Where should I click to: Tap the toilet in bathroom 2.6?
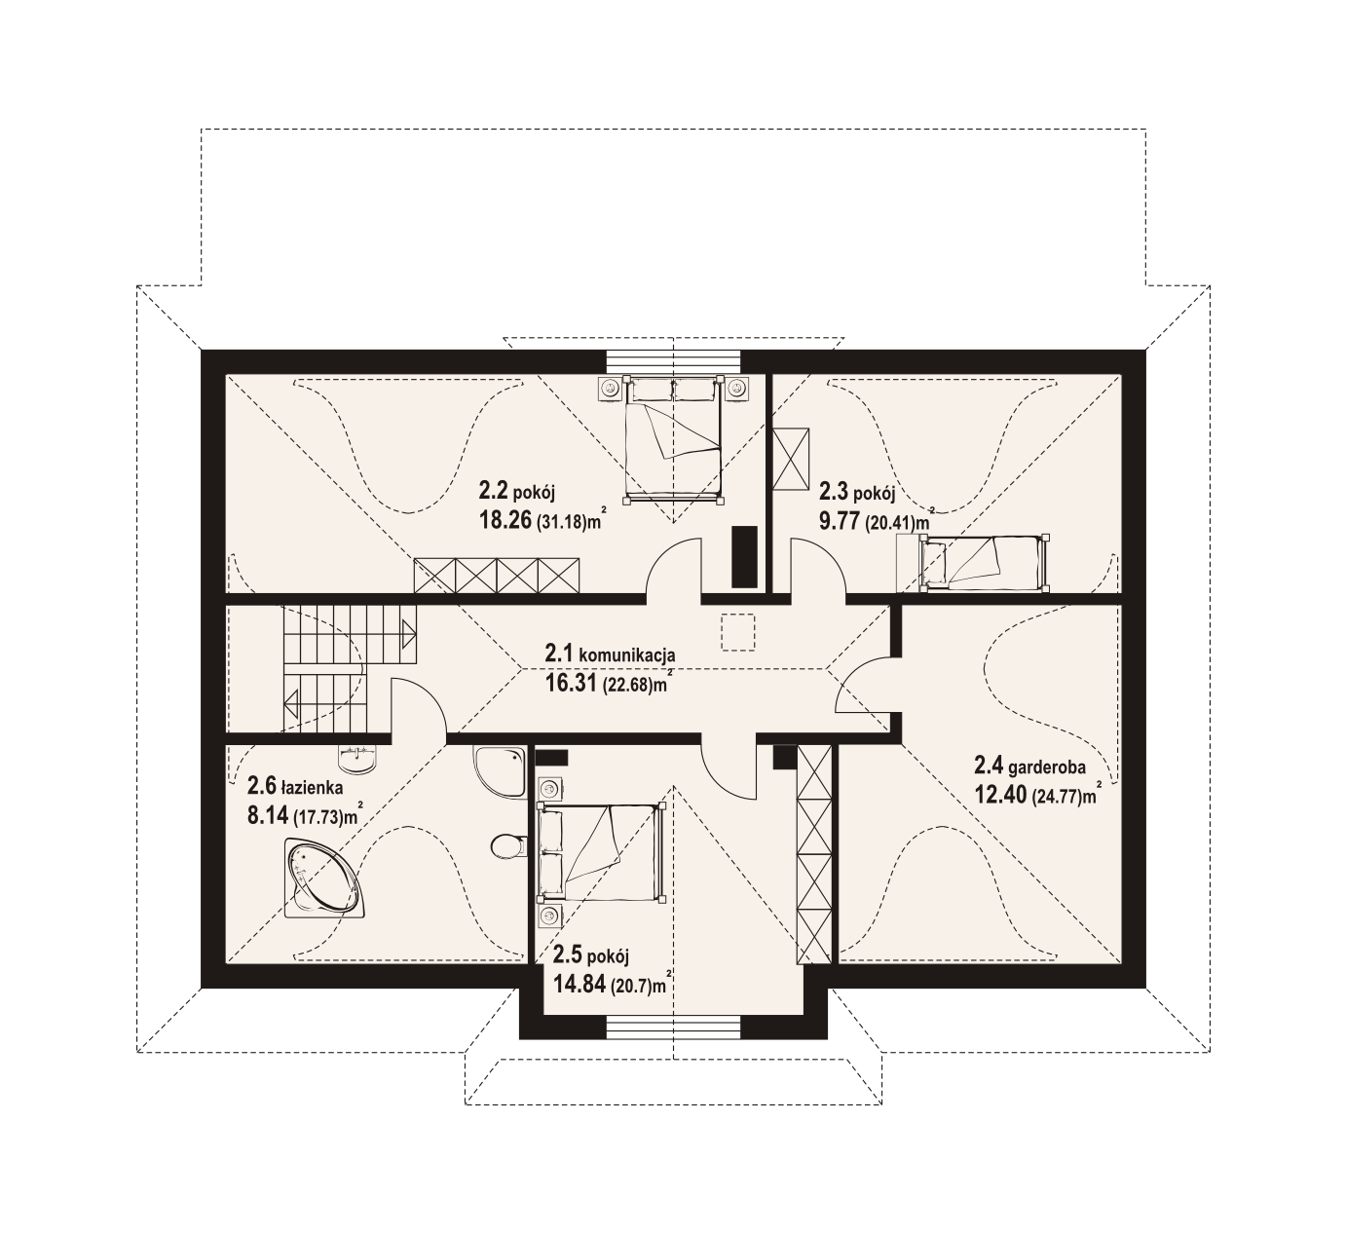508,845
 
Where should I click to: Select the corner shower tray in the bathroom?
499,771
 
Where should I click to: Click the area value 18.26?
505,519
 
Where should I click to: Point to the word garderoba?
1047,767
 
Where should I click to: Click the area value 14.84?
580,985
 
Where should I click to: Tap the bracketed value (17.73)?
318,817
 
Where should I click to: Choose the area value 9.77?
840,521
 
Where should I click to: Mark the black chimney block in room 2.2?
744,557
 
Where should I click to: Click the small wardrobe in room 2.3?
791,459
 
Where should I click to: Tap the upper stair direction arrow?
408,633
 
